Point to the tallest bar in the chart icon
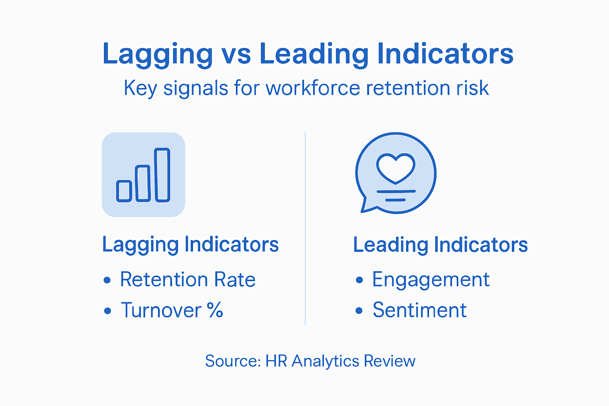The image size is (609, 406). point(162,174)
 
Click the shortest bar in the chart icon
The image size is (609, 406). point(124,191)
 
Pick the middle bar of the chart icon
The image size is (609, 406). point(143,183)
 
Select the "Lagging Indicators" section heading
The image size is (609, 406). point(190,245)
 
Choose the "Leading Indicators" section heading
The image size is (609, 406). point(440,245)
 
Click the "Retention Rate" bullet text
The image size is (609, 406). point(188,279)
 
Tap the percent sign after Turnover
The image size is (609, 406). point(215,310)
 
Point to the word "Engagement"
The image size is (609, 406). point(431,280)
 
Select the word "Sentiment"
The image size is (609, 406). point(419,310)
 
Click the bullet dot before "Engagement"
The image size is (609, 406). point(359,280)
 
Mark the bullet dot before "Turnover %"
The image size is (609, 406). point(107,311)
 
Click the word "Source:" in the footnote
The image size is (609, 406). point(233,361)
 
